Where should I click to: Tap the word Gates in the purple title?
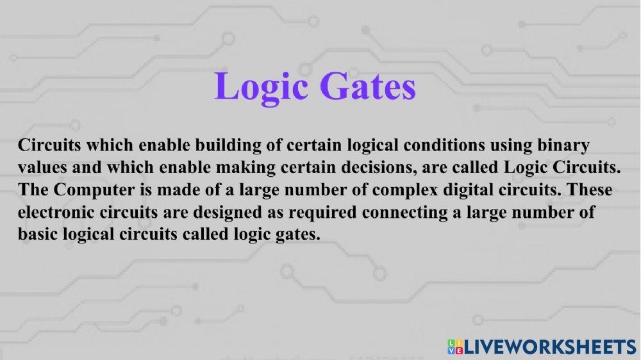coord(365,86)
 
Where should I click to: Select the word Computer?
coord(88,190)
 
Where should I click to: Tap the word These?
coord(590,190)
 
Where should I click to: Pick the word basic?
coord(38,234)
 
